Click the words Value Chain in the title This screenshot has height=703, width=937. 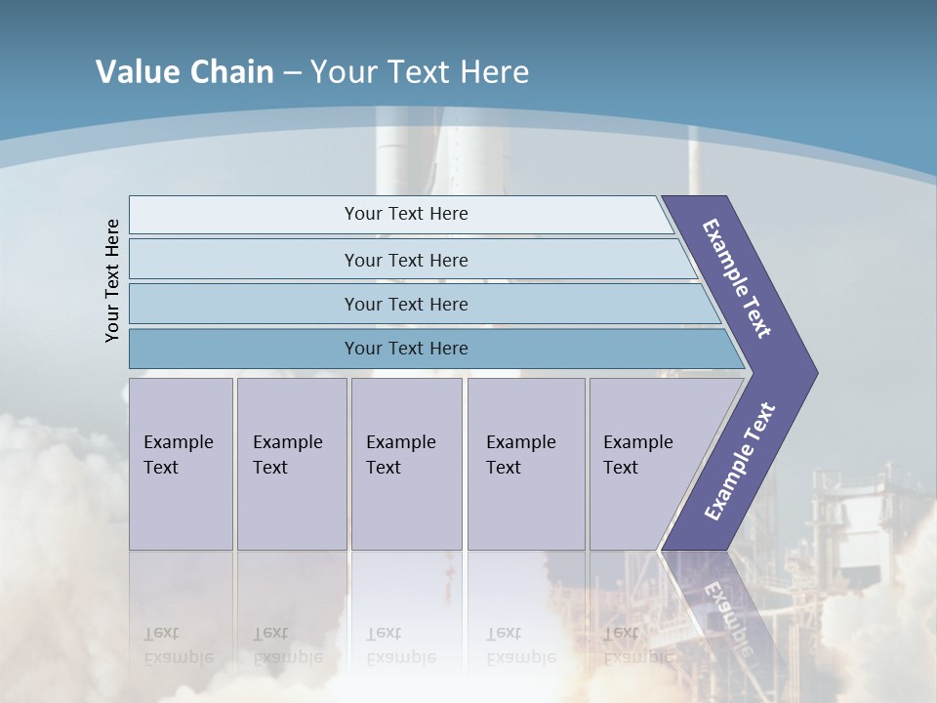coord(184,72)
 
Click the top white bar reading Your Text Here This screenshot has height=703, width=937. coord(405,214)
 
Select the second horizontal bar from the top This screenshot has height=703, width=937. coord(405,260)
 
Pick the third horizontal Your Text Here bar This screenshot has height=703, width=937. coord(405,304)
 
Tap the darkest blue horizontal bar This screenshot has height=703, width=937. coord(405,349)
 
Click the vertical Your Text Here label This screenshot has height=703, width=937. coord(112,280)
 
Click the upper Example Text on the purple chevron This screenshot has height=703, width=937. coord(738,278)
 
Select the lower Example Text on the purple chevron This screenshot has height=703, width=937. coord(740,462)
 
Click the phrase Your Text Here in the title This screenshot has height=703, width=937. coord(420,72)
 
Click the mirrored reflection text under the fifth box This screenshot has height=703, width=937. coord(636,645)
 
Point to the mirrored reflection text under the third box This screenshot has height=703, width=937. coord(399,645)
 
